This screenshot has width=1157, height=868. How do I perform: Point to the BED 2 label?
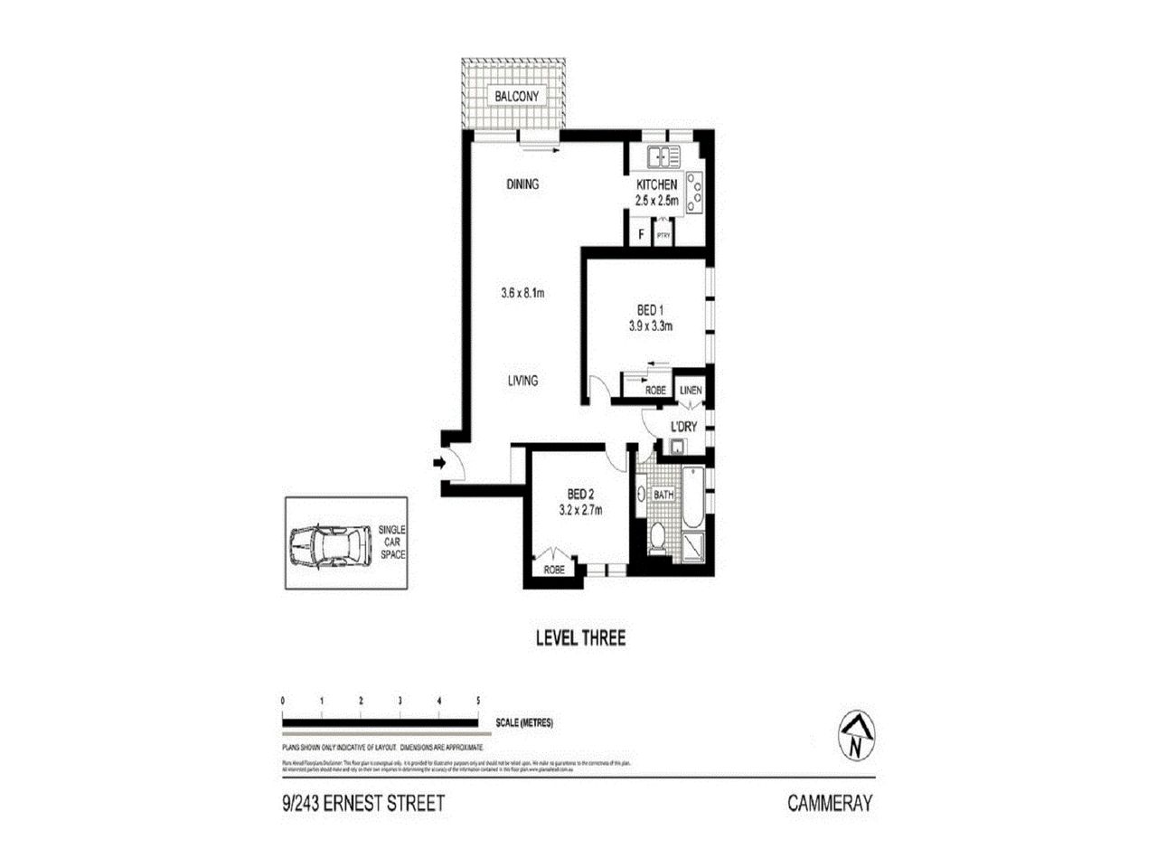(580, 494)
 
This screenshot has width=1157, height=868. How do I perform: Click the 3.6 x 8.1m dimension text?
(526, 293)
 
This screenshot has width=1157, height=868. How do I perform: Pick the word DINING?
(522, 184)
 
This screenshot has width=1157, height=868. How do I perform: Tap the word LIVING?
(522, 381)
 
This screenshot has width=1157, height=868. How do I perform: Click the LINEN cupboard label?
(691, 391)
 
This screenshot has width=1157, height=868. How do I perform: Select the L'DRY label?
(682, 426)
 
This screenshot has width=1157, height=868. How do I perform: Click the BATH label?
(663, 495)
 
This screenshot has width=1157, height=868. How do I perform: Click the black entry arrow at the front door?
(439, 464)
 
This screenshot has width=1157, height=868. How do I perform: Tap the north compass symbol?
(854, 736)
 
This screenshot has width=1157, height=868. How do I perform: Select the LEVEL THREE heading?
(580, 638)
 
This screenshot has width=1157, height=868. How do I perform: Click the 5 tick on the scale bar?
(477, 701)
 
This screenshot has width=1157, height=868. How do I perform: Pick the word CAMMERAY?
(829, 803)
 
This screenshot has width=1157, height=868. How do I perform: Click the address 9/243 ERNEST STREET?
(363, 803)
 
